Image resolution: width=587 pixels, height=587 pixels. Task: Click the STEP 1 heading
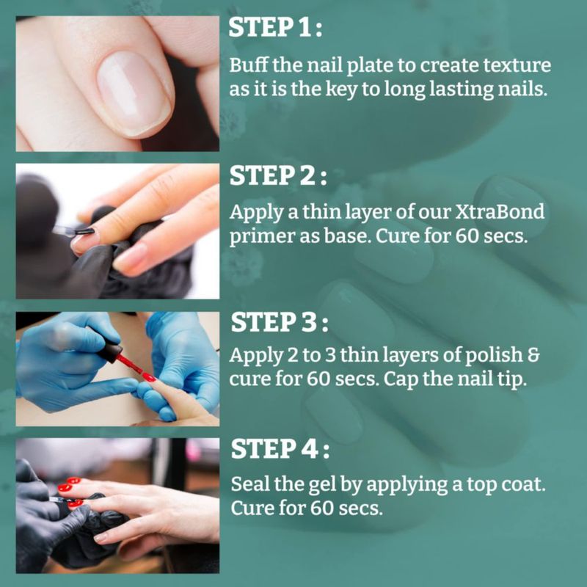tap(275, 27)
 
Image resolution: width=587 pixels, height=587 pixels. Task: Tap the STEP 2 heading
tap(278, 175)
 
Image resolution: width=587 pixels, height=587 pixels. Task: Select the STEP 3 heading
tap(280, 322)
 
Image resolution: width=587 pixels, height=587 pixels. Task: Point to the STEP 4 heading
tap(280, 449)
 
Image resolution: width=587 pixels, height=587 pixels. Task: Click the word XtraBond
tap(500, 212)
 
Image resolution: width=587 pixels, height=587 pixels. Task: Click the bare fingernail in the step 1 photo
tap(134, 94)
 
